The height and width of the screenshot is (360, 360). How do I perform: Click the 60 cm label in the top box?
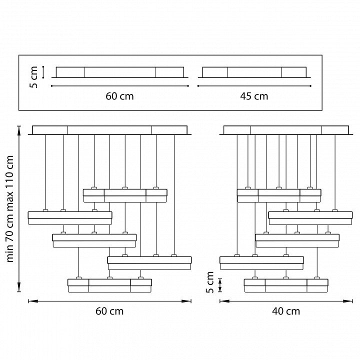[x=120, y=96]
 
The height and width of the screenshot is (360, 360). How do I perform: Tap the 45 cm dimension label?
[x=254, y=96]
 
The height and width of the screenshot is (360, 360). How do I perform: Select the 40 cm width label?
[x=286, y=311]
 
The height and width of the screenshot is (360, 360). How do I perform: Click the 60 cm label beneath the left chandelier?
[x=109, y=311]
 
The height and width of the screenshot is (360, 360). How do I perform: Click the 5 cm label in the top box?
[x=33, y=77]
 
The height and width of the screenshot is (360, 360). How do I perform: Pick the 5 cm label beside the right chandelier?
[x=210, y=282]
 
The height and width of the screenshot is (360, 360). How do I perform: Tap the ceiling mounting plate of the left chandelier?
[x=109, y=130]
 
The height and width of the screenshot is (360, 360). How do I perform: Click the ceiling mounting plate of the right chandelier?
[x=286, y=130]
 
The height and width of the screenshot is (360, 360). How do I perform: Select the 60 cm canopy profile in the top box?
[x=120, y=72]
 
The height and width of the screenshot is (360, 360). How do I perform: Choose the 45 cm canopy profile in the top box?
[x=254, y=72]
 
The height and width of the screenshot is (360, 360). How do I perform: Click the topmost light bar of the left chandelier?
[x=125, y=195]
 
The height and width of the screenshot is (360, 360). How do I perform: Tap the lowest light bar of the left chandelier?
[x=109, y=285]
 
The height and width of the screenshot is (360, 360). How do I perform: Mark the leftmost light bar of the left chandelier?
[x=70, y=217]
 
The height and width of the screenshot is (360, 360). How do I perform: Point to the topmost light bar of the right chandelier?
[x=279, y=195]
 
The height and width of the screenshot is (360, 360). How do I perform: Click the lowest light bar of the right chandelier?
[x=286, y=285]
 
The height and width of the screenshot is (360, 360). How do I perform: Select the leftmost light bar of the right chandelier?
[x=261, y=262]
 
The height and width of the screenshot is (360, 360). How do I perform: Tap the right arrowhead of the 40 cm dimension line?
[x=350, y=301]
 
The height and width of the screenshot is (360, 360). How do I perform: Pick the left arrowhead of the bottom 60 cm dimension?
[x=30, y=301]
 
